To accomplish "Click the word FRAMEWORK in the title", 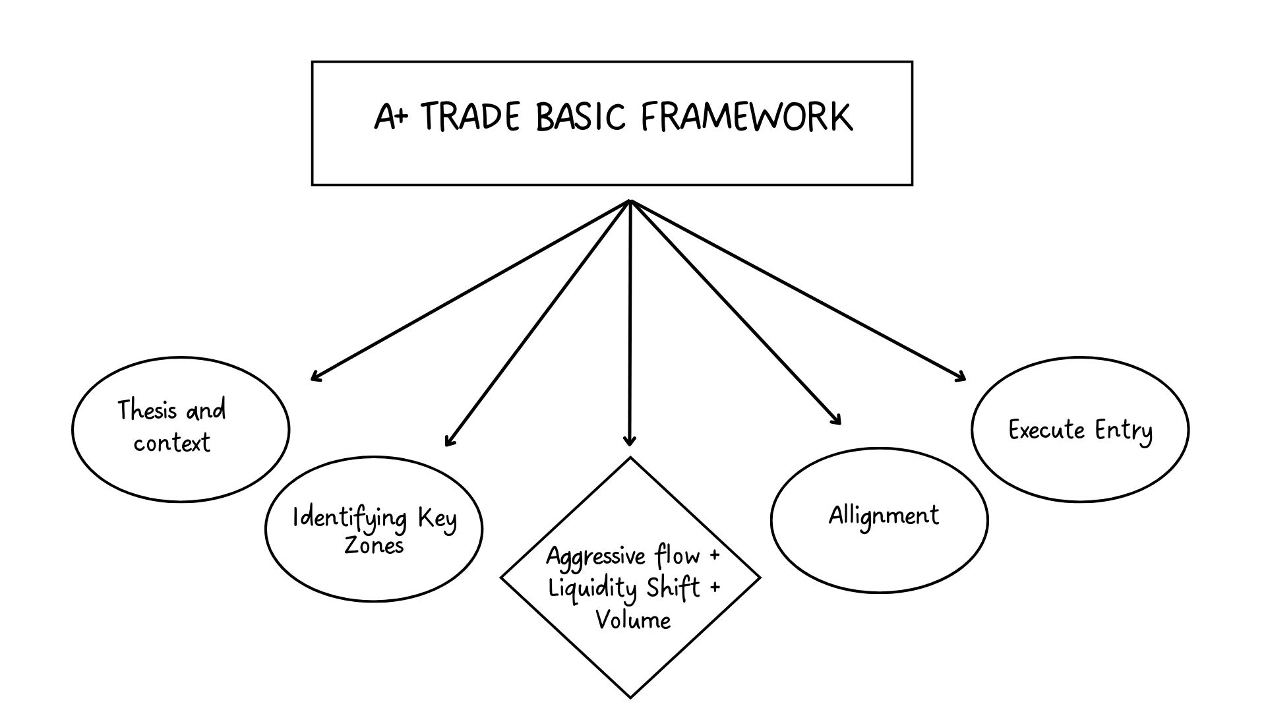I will point(746,117).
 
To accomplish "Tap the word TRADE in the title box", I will point(469,117).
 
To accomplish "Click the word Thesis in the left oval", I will point(148,411).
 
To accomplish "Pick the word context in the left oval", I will point(171,443).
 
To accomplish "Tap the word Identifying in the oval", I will point(349,518).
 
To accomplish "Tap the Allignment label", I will point(884,516).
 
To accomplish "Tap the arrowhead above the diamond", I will point(630,442).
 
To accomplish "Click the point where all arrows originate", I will point(630,201).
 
